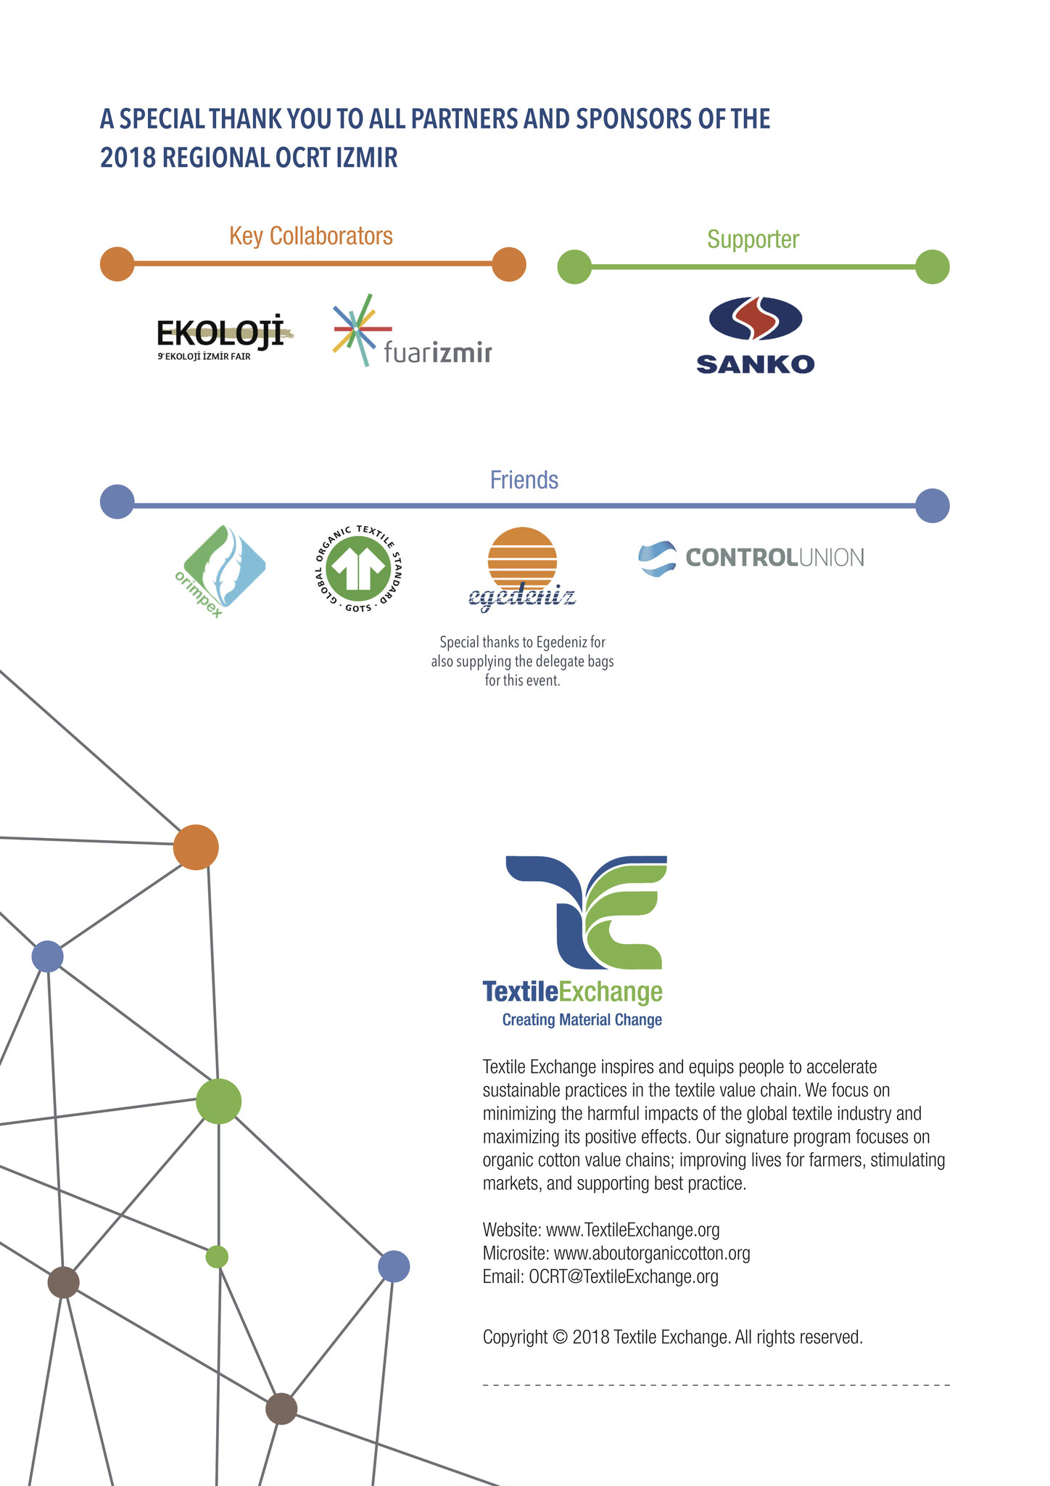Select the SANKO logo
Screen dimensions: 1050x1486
tap(755, 335)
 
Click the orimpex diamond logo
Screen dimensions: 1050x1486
tap(220, 572)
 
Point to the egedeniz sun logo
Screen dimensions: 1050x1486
tap(522, 567)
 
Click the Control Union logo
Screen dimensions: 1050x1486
tap(751, 558)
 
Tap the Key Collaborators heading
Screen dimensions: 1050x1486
tap(311, 237)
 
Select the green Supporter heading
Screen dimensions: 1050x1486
tap(753, 239)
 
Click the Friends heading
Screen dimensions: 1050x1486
tap(524, 480)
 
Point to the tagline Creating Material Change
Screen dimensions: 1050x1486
tap(582, 1019)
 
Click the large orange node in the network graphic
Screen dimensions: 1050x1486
tap(196, 847)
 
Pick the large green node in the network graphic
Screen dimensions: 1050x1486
tap(218, 1101)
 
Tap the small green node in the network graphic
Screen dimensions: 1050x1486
tap(217, 1256)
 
